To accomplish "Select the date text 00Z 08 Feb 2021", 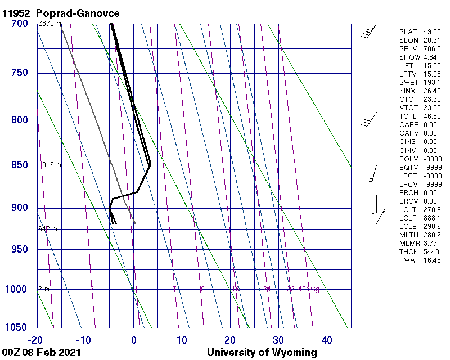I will pos(42,353).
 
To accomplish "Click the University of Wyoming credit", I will pos(262,353).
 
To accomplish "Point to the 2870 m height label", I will pos(49,24).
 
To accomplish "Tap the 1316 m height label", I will pos(49,165).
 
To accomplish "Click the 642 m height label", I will pos(48,229).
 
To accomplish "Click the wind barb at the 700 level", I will pos(369,31).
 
